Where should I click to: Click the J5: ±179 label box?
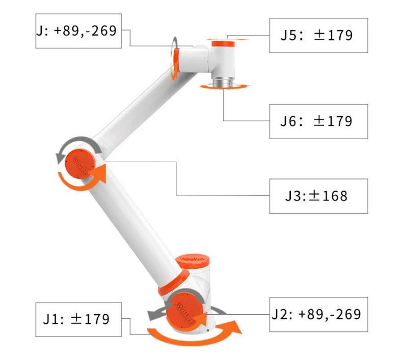point(318,35)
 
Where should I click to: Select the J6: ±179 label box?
point(318,121)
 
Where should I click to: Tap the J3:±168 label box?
point(318,196)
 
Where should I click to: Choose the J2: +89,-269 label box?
point(318,314)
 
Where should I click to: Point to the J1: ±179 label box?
point(79,319)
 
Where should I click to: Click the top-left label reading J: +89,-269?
point(78,31)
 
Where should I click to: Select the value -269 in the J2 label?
point(345,314)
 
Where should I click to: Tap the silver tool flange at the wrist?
point(223,82)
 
